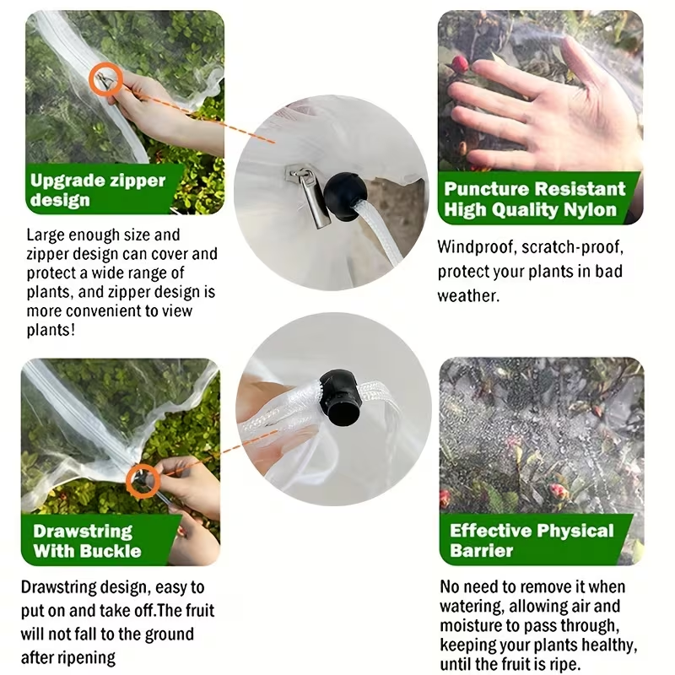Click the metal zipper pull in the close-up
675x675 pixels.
click(310, 196)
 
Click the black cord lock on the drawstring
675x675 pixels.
click(340, 395)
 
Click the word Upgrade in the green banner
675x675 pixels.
click(67, 181)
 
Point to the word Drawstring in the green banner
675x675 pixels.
click(83, 532)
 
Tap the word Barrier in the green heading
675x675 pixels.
click(481, 551)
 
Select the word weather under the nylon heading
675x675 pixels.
click(468, 296)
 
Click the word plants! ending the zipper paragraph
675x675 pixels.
click(51, 330)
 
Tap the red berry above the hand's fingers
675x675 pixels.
click(459, 64)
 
